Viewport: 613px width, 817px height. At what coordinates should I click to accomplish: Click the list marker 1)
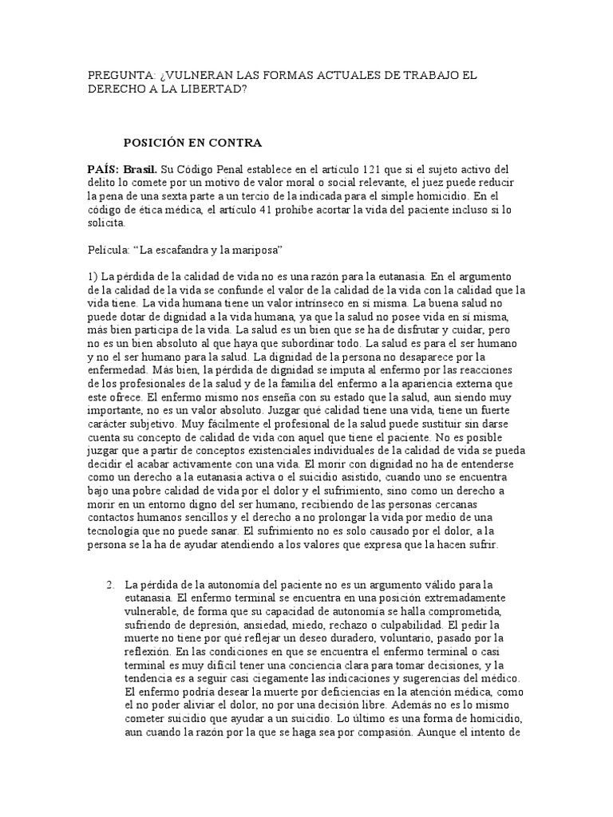tap(93, 275)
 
